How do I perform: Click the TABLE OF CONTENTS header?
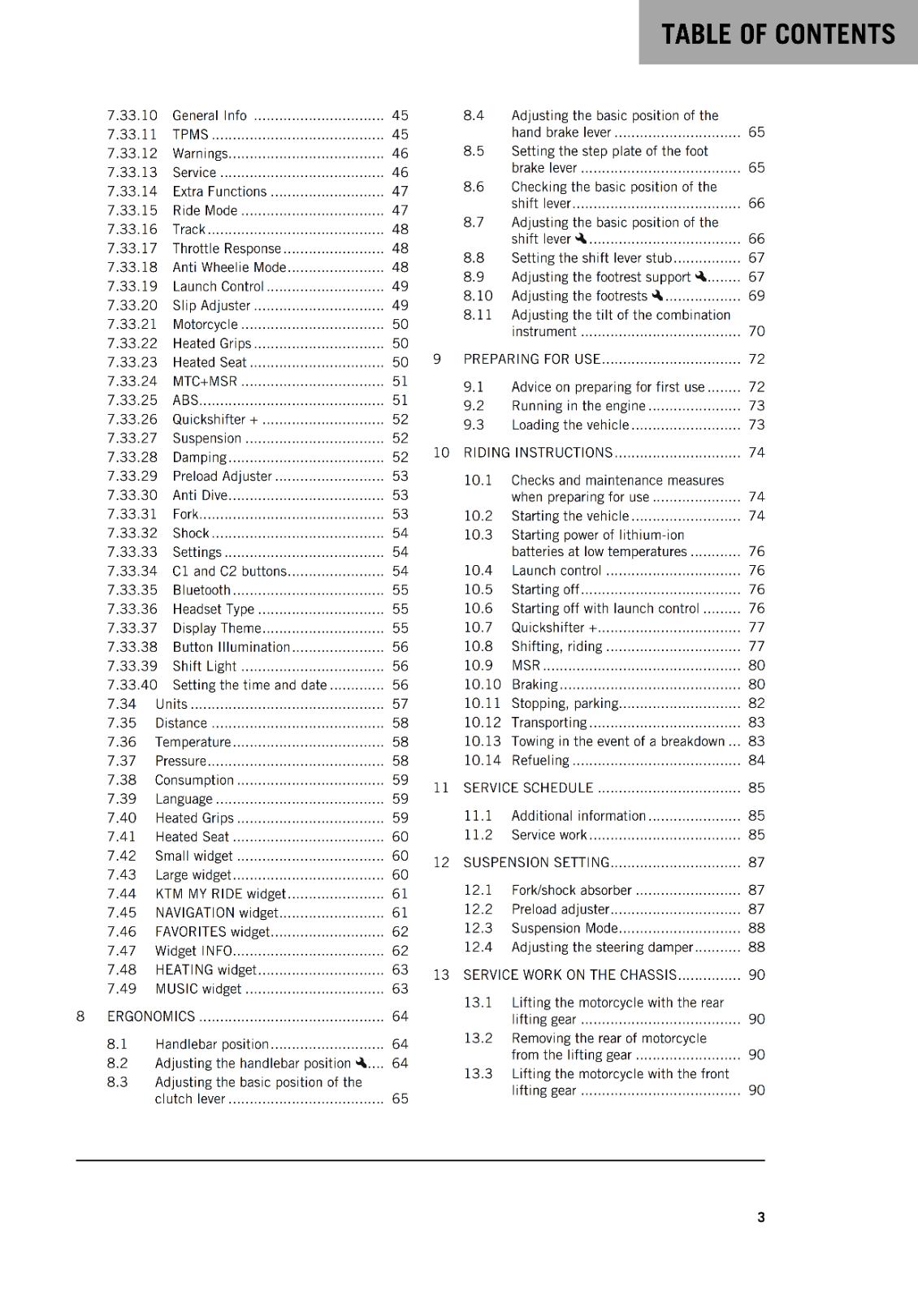(777, 34)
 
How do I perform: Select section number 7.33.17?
(132, 248)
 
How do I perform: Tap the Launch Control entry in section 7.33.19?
(218, 287)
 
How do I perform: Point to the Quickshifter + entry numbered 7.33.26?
(214, 420)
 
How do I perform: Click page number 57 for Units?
(400, 705)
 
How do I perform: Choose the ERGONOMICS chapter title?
(151, 1016)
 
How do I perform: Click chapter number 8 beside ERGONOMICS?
(80, 1016)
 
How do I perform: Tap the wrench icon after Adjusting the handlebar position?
(362, 1063)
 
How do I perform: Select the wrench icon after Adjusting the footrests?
(657, 296)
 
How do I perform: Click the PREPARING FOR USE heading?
(531, 359)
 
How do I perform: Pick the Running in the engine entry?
(578, 406)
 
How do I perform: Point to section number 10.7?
(478, 628)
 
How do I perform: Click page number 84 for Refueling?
(756, 761)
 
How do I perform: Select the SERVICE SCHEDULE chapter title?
(528, 788)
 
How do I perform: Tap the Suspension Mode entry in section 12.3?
(564, 928)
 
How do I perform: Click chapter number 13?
(440, 975)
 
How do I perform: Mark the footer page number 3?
(760, 1217)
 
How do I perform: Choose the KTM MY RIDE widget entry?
(220, 894)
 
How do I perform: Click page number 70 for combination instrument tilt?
(756, 331)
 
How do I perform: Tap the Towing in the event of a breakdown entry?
(617, 741)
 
